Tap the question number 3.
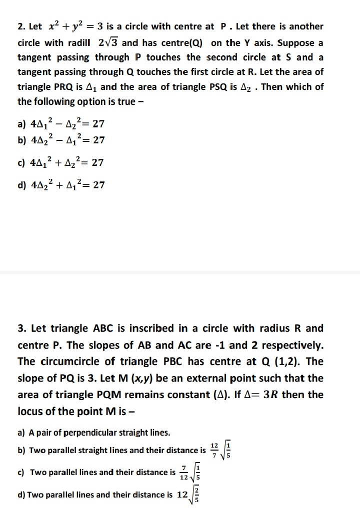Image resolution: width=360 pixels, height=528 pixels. coord(21,329)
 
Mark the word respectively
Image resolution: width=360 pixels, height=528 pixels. coord(290,345)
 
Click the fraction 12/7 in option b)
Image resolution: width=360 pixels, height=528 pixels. coord(214,450)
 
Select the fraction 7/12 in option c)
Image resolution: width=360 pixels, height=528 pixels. coord(184,472)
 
